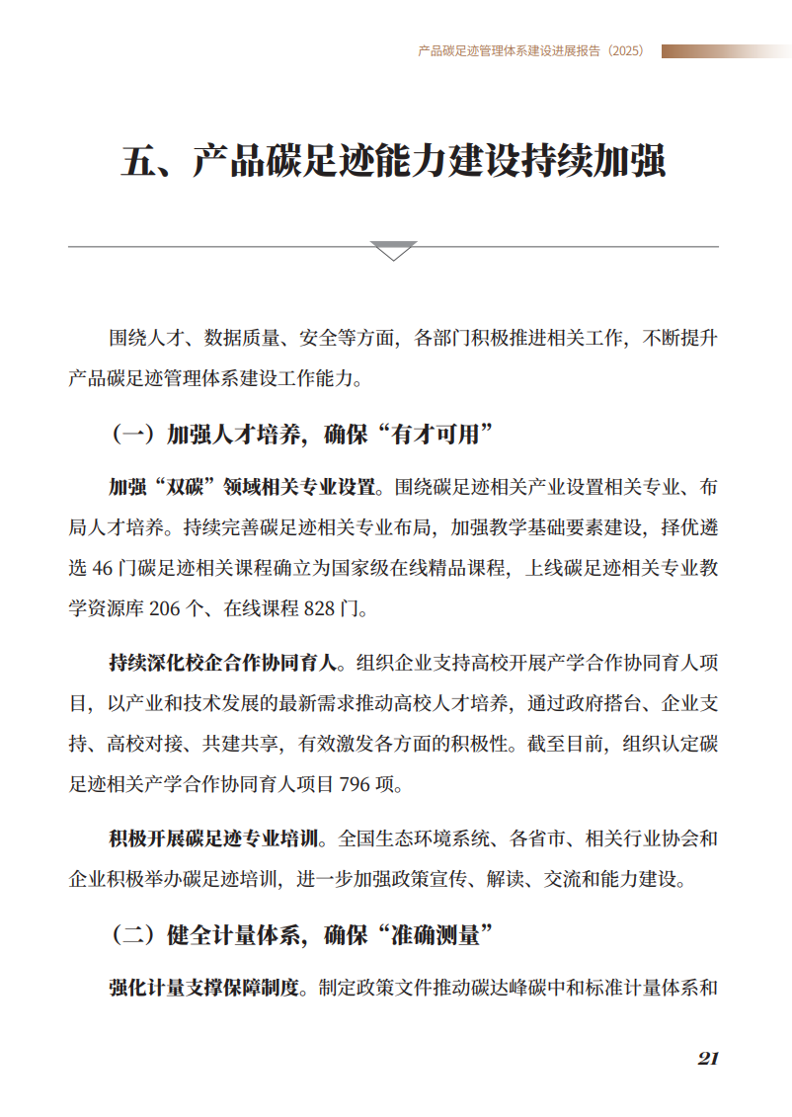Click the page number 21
707,1058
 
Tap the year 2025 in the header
626,51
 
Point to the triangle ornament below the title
393,250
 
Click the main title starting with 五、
393,161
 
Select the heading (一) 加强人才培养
302,434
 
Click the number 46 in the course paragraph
102,569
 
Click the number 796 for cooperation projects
354,785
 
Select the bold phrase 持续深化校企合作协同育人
228,662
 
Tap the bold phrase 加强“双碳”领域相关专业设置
243,487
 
